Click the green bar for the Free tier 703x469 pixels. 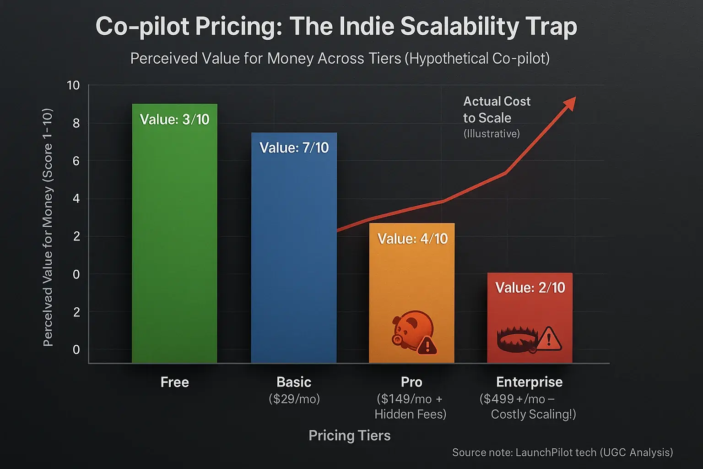point(174,238)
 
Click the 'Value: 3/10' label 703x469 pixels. point(174,120)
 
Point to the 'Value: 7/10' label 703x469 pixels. point(294,147)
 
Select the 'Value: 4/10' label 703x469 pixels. point(412,239)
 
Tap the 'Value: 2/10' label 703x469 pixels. point(530,288)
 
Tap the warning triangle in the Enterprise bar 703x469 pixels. point(549,339)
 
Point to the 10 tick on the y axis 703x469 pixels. point(73,86)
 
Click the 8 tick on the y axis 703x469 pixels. point(76,123)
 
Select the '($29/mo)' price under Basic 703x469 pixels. point(294,399)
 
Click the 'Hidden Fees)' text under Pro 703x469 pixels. point(410,414)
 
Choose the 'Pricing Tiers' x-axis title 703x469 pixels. point(350,436)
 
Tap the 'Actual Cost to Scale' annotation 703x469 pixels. point(496,110)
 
